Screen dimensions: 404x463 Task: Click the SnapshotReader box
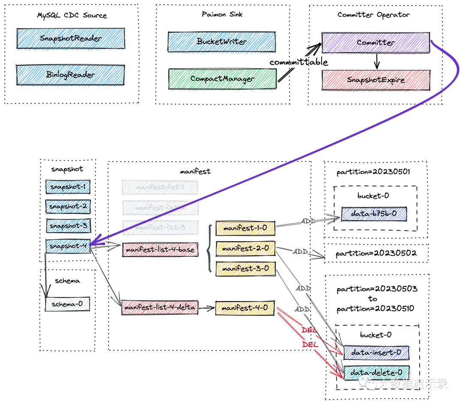click(71, 39)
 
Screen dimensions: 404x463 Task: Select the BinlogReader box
click(71, 75)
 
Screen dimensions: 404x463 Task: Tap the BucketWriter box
click(222, 42)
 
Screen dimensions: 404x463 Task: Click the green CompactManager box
click(222, 79)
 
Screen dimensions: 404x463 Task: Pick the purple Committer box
click(376, 42)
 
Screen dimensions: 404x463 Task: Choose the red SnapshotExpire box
click(376, 80)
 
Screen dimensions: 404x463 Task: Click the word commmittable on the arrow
click(298, 62)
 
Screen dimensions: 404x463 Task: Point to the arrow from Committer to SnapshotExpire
click(376, 61)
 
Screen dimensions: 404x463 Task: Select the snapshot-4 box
click(68, 246)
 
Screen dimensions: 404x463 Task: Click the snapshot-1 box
click(68, 187)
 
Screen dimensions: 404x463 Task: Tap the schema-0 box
click(67, 304)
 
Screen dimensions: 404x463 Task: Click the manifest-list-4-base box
click(160, 249)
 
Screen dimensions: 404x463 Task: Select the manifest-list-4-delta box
click(159, 308)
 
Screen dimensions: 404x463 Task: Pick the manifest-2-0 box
click(245, 248)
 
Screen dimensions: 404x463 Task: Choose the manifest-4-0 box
click(245, 308)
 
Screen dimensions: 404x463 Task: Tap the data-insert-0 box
click(376, 352)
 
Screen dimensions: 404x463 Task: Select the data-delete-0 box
click(376, 373)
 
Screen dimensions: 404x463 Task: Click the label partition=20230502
click(376, 253)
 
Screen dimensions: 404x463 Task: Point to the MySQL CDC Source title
click(72, 15)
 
